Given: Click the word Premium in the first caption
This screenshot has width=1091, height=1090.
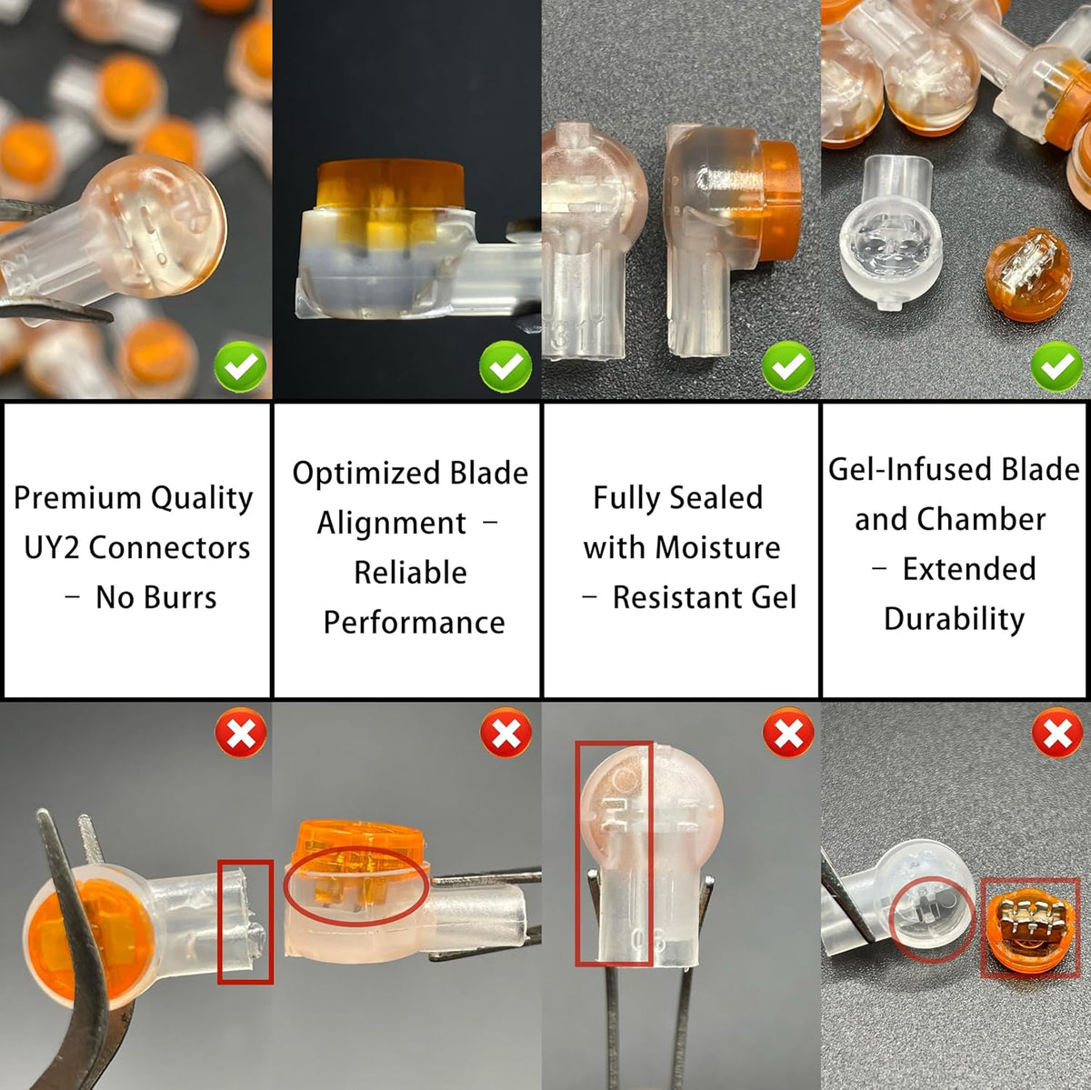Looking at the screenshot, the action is point(77,499).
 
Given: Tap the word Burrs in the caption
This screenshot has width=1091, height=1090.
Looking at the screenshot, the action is point(181,598).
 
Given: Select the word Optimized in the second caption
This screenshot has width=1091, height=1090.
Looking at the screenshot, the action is point(366,474).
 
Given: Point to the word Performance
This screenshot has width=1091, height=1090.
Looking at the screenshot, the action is point(414,623).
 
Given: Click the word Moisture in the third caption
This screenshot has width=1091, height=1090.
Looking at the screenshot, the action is point(717,548).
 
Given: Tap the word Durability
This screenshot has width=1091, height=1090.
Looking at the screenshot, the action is point(955,619).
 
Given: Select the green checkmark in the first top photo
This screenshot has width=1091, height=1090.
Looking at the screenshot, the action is point(241,367).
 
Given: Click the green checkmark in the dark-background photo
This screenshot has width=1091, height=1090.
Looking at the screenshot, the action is point(505,367).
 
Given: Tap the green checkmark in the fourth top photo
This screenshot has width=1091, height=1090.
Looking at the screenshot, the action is point(1056,367).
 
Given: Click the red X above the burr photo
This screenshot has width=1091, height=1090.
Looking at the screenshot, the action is point(241,733).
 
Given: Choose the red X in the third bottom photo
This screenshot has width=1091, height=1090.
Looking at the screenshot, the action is point(788,733).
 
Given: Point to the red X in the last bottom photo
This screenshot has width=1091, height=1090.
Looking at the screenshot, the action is point(1057,733).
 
